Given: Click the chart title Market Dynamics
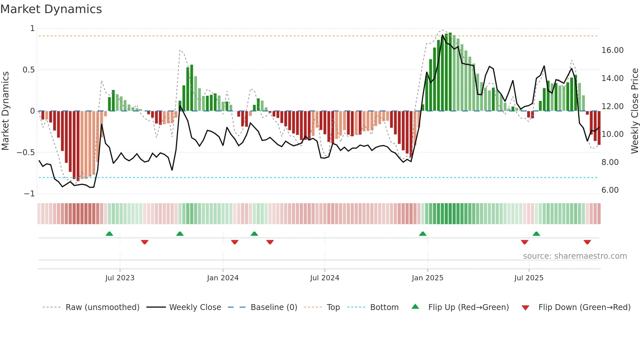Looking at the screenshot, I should point(51,9).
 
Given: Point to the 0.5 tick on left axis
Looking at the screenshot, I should point(28,70).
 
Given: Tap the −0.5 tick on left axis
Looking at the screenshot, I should point(25,153).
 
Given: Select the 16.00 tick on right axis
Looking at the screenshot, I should point(612,50).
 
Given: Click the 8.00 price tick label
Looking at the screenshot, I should point(610,162).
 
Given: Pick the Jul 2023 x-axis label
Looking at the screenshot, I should point(120,278).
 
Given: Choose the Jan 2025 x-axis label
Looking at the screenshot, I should point(427,278).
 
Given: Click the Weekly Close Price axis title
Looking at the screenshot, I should point(634,111).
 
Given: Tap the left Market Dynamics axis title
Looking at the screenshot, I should point(5,111).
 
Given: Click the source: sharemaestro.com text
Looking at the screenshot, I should point(575,256).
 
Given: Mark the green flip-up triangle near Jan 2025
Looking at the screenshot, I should point(423,234).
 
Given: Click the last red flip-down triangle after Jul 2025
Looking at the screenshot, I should point(587,242).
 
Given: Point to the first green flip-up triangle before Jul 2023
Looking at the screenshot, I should point(109,234).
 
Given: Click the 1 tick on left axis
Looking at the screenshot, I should point(32,29).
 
